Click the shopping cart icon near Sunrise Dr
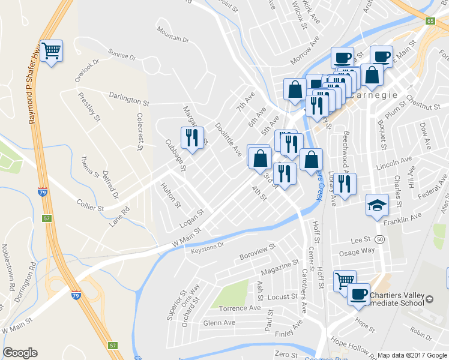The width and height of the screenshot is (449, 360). click(x=52, y=50)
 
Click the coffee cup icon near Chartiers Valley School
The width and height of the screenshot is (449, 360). click(x=359, y=293)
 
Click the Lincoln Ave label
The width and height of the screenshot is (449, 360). click(x=394, y=163)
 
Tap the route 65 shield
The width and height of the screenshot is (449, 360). click(x=430, y=21)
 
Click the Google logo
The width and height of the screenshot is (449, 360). click(x=20, y=353)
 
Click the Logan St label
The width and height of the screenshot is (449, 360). click(x=192, y=218)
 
